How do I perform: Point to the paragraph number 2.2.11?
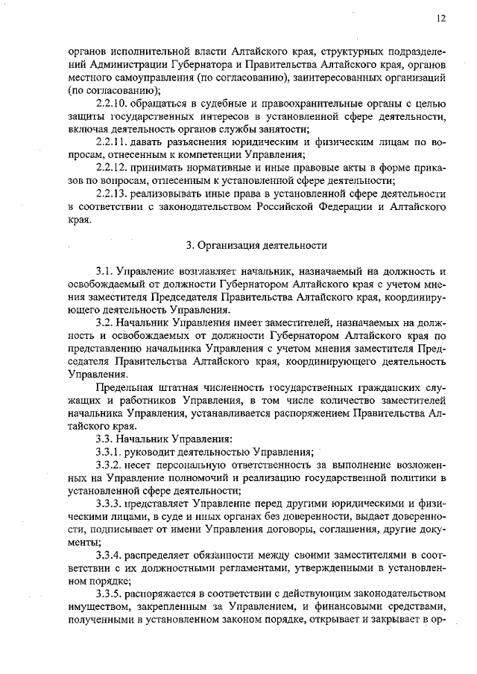[112, 142]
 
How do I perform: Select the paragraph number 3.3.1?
[110, 451]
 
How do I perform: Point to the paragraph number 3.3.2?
[110, 465]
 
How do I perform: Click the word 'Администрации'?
[116, 65]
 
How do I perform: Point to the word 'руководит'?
[154, 451]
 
